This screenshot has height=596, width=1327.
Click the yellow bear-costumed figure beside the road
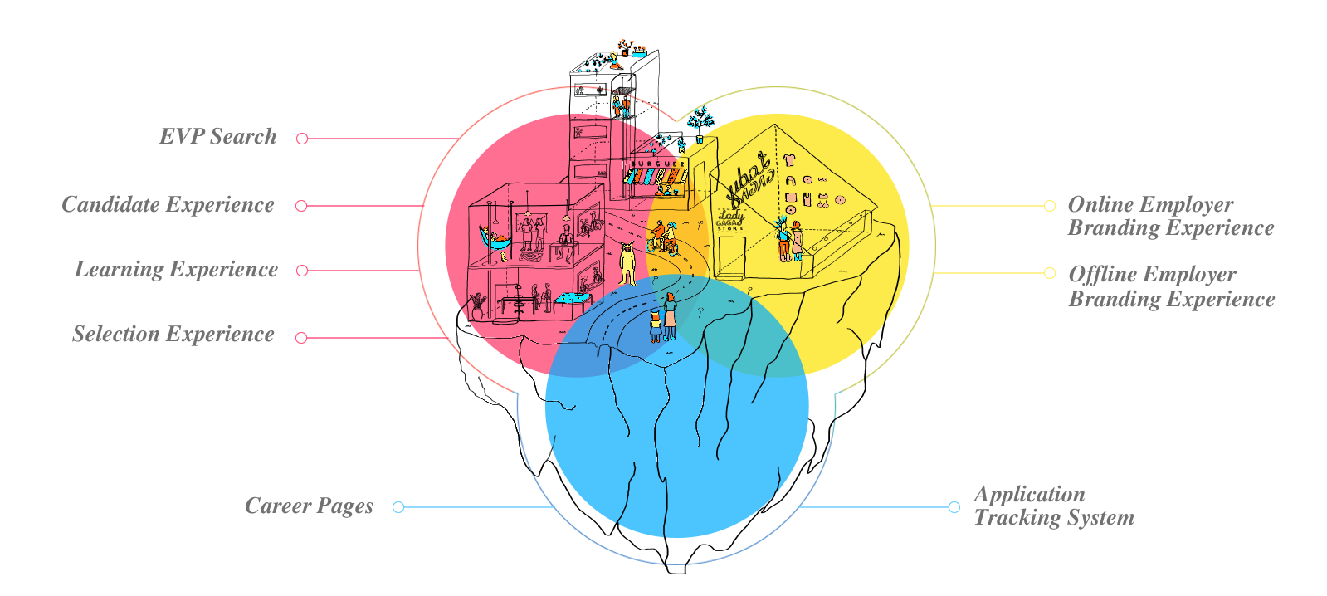628,263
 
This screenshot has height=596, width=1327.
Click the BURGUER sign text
658,164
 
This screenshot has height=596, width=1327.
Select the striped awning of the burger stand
655,177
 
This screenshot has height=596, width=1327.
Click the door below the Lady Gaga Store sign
731,256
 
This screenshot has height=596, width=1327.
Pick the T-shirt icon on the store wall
789,160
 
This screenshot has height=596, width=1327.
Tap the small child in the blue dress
656,325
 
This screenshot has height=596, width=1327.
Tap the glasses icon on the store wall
822,179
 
